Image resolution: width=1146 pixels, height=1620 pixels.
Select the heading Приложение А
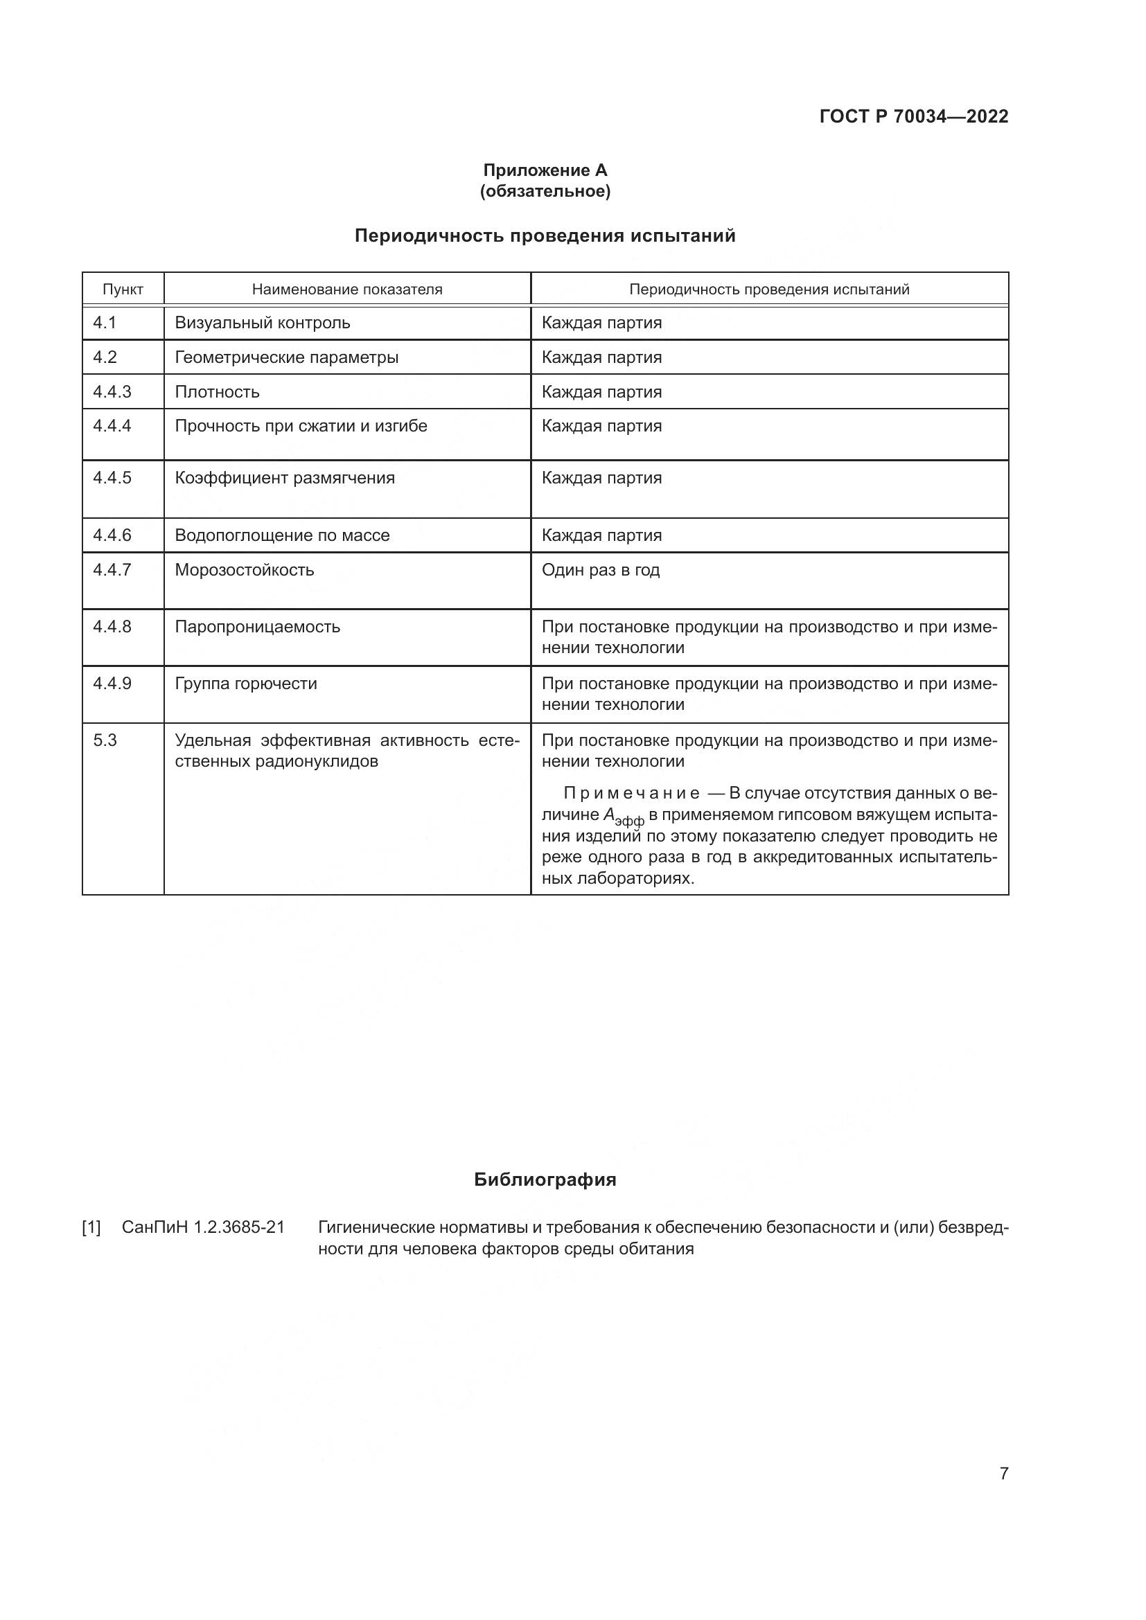pos(545,170)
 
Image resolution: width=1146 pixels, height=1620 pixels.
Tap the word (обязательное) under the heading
pos(545,191)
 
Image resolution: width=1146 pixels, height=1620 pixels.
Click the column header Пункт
pos(123,290)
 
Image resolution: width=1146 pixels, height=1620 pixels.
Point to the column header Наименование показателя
pos(347,290)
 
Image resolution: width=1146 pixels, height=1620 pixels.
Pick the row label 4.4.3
pos(112,391)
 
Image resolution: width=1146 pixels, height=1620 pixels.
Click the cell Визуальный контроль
pos(263,323)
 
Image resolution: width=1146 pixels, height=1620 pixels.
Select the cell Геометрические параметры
pos(287,357)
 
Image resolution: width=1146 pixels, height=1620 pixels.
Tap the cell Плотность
pos(218,391)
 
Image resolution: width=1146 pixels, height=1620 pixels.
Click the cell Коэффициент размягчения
pos(284,478)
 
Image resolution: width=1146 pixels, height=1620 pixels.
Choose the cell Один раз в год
pos(601,569)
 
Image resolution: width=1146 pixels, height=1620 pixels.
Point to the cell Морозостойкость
pos(244,569)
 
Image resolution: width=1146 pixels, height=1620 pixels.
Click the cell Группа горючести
pos(245,683)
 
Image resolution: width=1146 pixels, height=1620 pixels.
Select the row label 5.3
pos(105,740)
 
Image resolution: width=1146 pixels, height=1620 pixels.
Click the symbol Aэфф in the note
pos(623,817)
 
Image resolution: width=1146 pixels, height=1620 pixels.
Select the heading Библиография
pos(545,1180)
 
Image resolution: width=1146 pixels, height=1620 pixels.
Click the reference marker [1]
pos(91,1228)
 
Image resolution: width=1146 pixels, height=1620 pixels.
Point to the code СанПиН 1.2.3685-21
pos(203,1228)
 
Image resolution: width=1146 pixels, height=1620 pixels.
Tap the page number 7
pos(1003,1473)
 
